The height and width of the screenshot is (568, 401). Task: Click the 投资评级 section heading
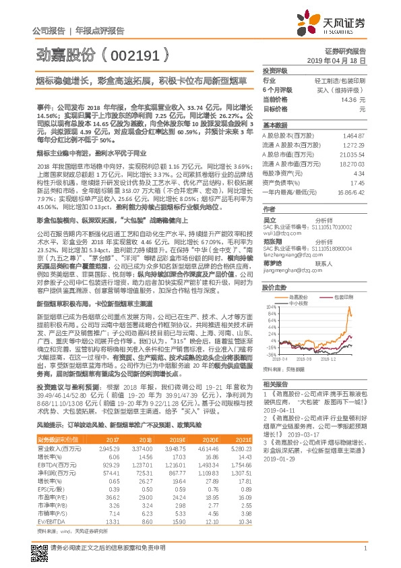pos(275,70)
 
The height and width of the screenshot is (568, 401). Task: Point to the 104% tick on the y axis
pos(270,295)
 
